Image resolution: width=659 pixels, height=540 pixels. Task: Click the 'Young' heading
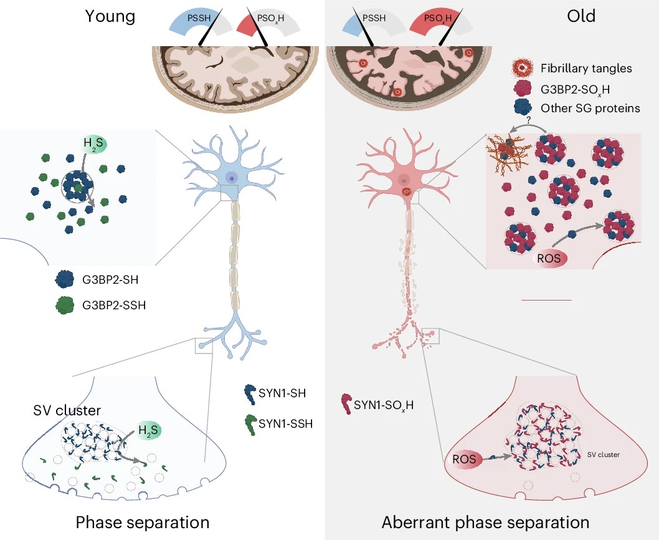click(110, 16)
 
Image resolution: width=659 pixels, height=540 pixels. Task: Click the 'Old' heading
click(581, 16)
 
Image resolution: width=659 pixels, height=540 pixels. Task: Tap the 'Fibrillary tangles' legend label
click(586, 68)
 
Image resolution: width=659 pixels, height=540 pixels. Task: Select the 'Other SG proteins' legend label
click(590, 108)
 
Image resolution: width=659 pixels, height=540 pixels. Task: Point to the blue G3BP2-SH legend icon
click(65, 279)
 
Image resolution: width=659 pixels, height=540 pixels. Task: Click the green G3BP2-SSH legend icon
click(65, 305)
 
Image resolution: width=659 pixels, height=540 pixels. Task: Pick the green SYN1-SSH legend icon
click(250, 424)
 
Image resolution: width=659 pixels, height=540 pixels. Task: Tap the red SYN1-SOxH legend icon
click(346, 404)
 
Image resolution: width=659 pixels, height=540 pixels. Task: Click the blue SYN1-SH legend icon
click(250, 394)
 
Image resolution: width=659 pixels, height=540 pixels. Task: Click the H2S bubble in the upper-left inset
click(93, 144)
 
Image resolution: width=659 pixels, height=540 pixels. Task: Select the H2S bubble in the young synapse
click(148, 430)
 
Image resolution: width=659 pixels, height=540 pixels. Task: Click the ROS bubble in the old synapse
click(464, 459)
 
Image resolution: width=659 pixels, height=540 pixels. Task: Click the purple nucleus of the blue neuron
click(231, 178)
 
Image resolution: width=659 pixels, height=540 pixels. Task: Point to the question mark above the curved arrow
click(528, 120)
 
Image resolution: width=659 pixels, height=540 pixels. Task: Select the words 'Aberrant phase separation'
click(485, 523)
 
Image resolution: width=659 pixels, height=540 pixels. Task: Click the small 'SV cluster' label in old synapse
click(603, 455)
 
